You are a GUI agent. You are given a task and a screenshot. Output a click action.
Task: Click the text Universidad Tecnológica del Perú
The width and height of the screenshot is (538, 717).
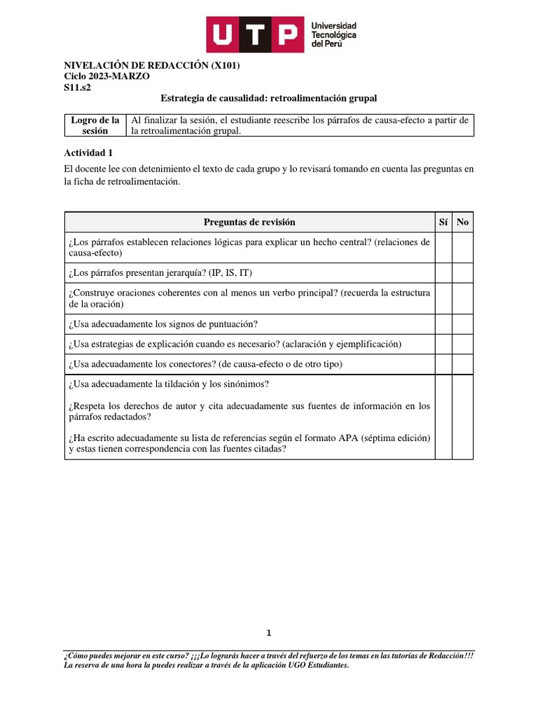(333, 34)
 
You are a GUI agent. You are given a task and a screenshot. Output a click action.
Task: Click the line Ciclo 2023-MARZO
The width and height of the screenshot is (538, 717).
(106, 76)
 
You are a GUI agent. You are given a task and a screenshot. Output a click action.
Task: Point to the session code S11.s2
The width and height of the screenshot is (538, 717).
(77, 88)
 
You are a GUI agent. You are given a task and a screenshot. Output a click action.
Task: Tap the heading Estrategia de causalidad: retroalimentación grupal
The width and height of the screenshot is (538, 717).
(269, 99)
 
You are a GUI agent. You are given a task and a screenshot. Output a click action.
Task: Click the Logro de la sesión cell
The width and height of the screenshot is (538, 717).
(95, 125)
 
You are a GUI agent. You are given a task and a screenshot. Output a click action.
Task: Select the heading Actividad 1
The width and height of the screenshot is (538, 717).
(88, 152)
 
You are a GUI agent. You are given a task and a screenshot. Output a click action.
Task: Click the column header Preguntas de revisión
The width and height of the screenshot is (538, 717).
(249, 222)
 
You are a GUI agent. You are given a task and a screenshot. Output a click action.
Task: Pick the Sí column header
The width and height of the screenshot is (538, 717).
(443, 222)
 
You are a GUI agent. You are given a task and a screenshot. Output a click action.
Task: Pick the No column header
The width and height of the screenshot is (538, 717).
(462, 222)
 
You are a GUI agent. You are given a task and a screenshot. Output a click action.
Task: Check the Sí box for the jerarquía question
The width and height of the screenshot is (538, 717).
(443, 272)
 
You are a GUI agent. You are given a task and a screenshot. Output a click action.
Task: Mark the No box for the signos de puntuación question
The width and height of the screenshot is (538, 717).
(462, 323)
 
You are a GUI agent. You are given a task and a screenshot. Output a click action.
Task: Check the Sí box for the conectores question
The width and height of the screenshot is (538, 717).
(443, 364)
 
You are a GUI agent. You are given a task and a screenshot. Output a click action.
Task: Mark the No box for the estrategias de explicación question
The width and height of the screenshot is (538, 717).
(462, 344)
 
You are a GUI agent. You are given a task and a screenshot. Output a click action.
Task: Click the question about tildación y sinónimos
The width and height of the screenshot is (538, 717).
(169, 384)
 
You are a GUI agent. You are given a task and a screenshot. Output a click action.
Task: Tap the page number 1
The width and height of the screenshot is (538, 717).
(268, 633)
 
